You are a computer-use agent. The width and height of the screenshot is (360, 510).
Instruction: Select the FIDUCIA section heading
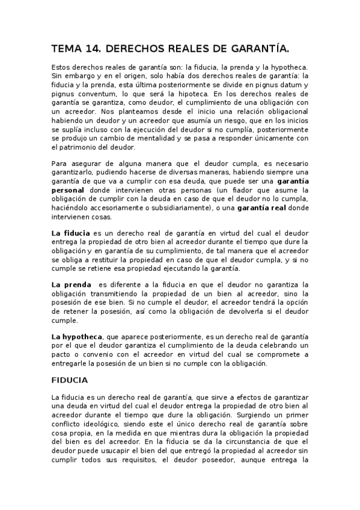pos(70,381)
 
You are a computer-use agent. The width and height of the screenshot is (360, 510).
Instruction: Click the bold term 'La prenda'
pos(71,284)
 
